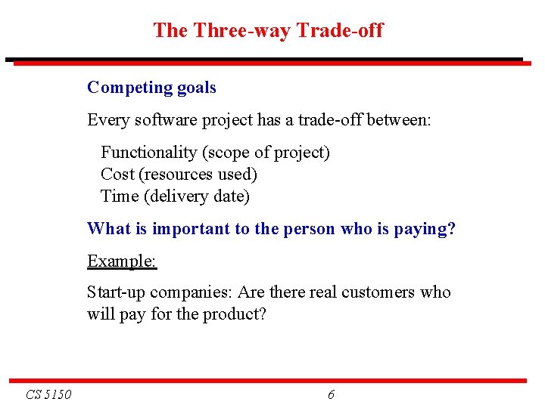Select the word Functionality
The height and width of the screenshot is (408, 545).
(149, 153)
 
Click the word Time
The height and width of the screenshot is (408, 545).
(120, 196)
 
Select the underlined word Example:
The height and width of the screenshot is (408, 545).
(122, 261)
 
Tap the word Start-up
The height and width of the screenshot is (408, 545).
(117, 292)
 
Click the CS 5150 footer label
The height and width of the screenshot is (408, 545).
(48, 394)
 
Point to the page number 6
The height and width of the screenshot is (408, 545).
(331, 394)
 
